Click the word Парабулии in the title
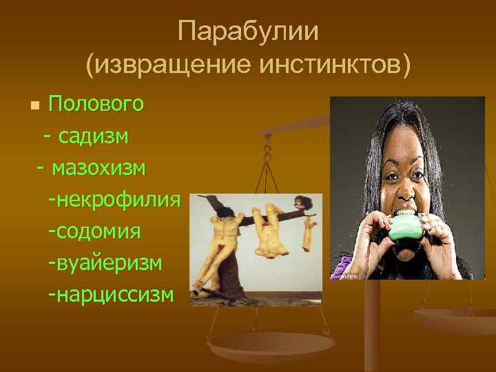(x=247, y=32)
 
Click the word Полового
(x=96, y=104)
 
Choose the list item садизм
(x=93, y=136)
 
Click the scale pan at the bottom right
(x=455, y=318)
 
